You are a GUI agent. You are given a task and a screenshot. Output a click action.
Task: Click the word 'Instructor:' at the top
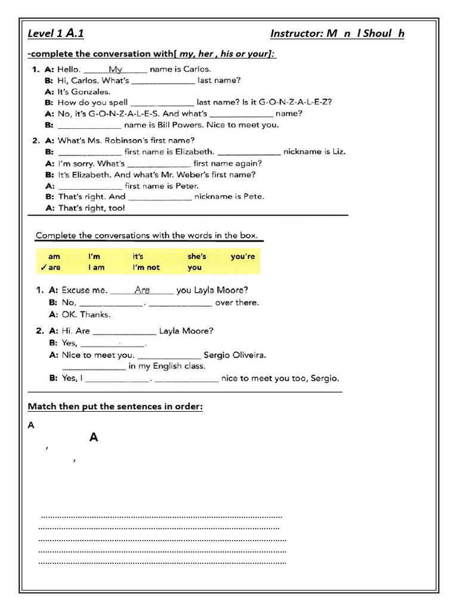pos(296,33)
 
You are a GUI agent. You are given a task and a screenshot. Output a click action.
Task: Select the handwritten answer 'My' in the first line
pos(116,69)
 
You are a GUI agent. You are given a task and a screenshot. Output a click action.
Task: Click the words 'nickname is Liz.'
pos(314,152)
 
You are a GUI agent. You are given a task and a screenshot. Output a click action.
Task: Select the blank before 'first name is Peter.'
pos(89,186)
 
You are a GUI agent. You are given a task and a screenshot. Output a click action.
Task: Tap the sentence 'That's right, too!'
pos(92,208)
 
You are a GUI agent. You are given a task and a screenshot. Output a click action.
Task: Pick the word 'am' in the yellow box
pos(54,257)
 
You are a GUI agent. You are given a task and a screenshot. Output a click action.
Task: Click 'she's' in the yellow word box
pos(197,257)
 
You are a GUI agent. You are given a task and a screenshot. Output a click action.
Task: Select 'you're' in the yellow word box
pos(243,257)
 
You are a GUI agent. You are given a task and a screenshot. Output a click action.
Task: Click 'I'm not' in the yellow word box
pos(146,268)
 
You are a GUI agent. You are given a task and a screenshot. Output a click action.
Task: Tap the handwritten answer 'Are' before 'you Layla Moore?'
pos(143,290)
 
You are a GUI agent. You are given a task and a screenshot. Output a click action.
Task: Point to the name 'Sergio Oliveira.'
pos(235,355)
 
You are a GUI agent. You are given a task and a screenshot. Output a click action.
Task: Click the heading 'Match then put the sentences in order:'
pos(115,407)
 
